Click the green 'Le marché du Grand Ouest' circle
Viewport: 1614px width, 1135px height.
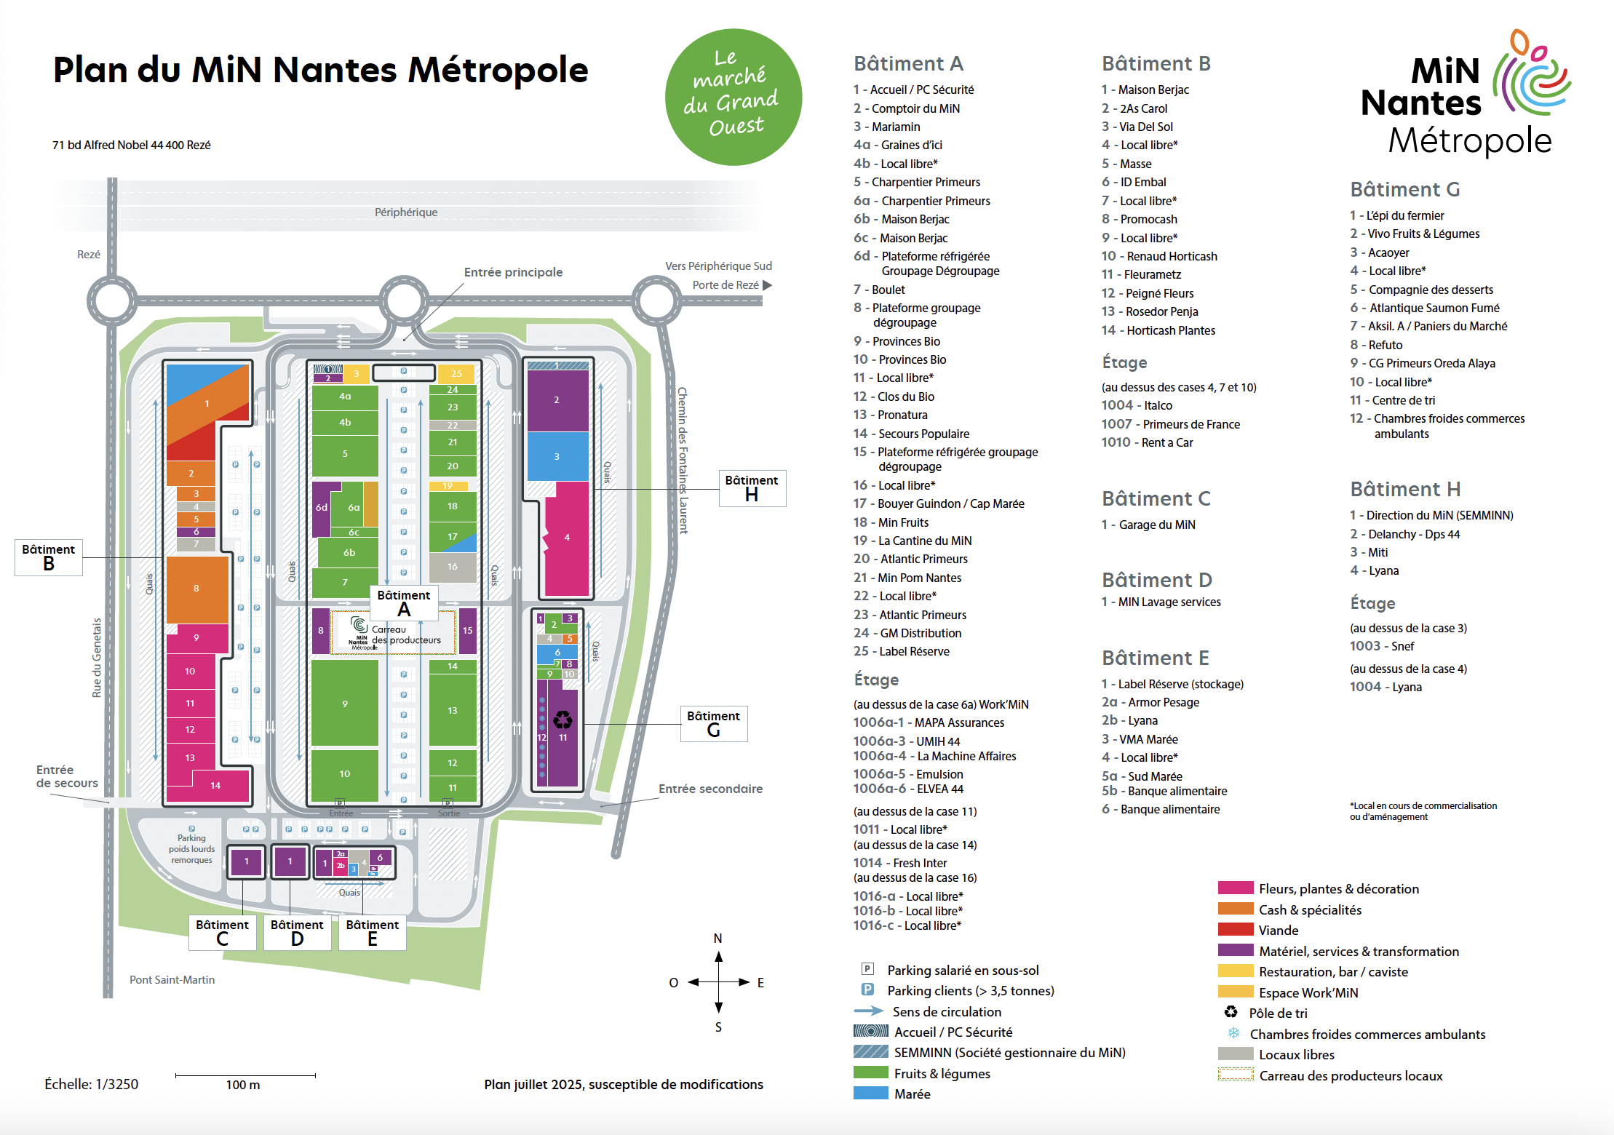pos(734,97)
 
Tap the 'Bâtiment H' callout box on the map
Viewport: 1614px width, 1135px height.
pos(752,488)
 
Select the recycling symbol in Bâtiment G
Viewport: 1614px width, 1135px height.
pos(562,720)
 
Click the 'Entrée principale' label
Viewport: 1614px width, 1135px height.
pos(513,272)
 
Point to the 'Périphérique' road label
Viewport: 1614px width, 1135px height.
pos(406,212)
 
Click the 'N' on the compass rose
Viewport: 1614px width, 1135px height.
pos(717,939)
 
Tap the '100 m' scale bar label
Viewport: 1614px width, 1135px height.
pos(243,1085)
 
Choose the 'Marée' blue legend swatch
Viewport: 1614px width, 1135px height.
pos(870,1094)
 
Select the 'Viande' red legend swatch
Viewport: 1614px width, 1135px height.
pos(1235,930)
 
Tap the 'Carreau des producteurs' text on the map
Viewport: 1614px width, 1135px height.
pos(405,635)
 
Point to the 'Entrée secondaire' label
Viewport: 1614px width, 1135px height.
pos(710,789)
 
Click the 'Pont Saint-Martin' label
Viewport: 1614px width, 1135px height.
pos(172,980)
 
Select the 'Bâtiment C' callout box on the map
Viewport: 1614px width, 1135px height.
pos(222,932)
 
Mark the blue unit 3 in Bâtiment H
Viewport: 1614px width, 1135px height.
pos(557,456)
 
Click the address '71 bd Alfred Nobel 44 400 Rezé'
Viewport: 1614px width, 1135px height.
pos(132,145)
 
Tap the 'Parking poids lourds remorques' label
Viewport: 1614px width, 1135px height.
pos(191,849)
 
